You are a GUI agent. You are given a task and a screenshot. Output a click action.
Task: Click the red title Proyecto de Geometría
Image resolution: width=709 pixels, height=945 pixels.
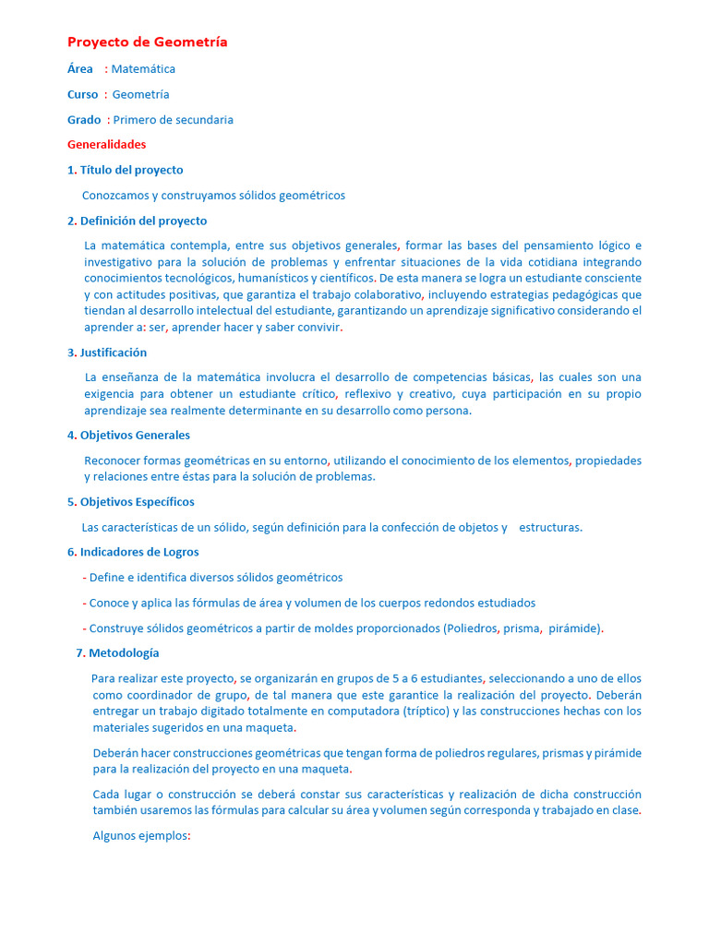pyautogui.click(x=148, y=42)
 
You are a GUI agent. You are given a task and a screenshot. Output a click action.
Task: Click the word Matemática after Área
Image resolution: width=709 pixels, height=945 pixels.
pyautogui.click(x=143, y=69)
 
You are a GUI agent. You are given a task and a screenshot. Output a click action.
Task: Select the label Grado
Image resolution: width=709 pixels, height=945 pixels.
pyautogui.click(x=84, y=120)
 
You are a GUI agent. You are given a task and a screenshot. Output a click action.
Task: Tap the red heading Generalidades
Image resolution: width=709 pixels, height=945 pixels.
pyautogui.click(x=106, y=145)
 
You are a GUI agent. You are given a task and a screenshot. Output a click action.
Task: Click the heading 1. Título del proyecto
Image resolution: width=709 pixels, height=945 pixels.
pyautogui.click(x=126, y=170)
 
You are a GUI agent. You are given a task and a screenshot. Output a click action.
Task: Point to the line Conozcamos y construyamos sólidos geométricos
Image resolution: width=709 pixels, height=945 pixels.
pyautogui.click(x=213, y=196)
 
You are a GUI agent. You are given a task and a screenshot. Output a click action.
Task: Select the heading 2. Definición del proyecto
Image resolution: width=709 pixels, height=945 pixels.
pyautogui.click(x=137, y=221)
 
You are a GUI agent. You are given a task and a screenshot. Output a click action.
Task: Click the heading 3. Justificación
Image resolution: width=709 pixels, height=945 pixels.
pyautogui.click(x=107, y=353)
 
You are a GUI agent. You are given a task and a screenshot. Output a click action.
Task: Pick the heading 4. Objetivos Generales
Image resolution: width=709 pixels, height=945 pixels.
pyautogui.click(x=128, y=436)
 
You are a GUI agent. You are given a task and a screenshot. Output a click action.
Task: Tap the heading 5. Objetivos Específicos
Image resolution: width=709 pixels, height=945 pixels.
pyautogui.click(x=131, y=502)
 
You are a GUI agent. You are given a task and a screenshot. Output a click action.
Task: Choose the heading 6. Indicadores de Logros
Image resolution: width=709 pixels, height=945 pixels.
pyautogui.click(x=133, y=552)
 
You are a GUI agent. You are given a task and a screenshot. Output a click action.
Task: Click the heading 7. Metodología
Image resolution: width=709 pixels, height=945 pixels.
pyautogui.click(x=117, y=653)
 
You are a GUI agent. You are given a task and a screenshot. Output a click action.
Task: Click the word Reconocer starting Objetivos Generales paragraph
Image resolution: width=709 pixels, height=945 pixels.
pyautogui.click(x=114, y=461)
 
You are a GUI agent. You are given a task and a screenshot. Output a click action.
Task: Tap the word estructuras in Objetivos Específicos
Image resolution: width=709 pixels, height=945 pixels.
pyautogui.click(x=550, y=528)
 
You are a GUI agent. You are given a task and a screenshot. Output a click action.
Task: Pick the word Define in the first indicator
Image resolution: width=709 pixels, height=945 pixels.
pyautogui.click(x=106, y=578)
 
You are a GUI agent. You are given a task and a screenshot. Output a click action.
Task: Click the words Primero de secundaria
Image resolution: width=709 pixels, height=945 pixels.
pyautogui.click(x=174, y=120)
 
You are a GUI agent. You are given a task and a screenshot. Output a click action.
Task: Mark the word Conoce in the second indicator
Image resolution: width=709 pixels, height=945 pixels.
pyautogui.click(x=109, y=604)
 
